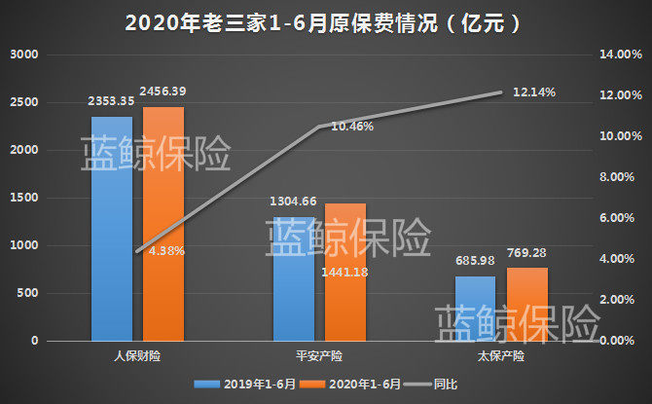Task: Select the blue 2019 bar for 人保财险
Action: point(112,229)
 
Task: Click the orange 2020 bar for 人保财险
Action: point(163,224)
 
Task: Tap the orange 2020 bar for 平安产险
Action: point(344,273)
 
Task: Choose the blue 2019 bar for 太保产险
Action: point(475,308)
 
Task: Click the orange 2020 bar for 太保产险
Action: point(526,304)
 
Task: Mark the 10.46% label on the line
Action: point(351,127)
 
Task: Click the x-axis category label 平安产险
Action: point(319,356)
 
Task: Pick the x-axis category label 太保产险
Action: point(500,356)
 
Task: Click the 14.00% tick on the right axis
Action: point(619,55)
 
